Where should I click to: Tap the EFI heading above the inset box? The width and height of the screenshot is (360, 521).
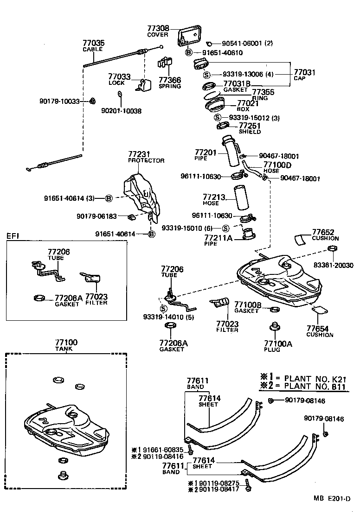[13, 235]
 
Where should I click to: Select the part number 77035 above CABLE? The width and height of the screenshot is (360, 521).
[94, 43]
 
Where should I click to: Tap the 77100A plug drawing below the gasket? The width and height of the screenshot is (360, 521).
[274, 329]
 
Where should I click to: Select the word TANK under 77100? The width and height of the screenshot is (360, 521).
[66, 349]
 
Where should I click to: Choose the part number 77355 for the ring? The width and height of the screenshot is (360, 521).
[263, 92]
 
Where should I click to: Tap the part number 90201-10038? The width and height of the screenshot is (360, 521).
[121, 111]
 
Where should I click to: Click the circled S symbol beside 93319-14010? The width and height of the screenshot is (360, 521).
[163, 308]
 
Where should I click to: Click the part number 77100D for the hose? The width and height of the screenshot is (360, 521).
[277, 165]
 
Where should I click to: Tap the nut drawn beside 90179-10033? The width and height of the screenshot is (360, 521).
[92, 101]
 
